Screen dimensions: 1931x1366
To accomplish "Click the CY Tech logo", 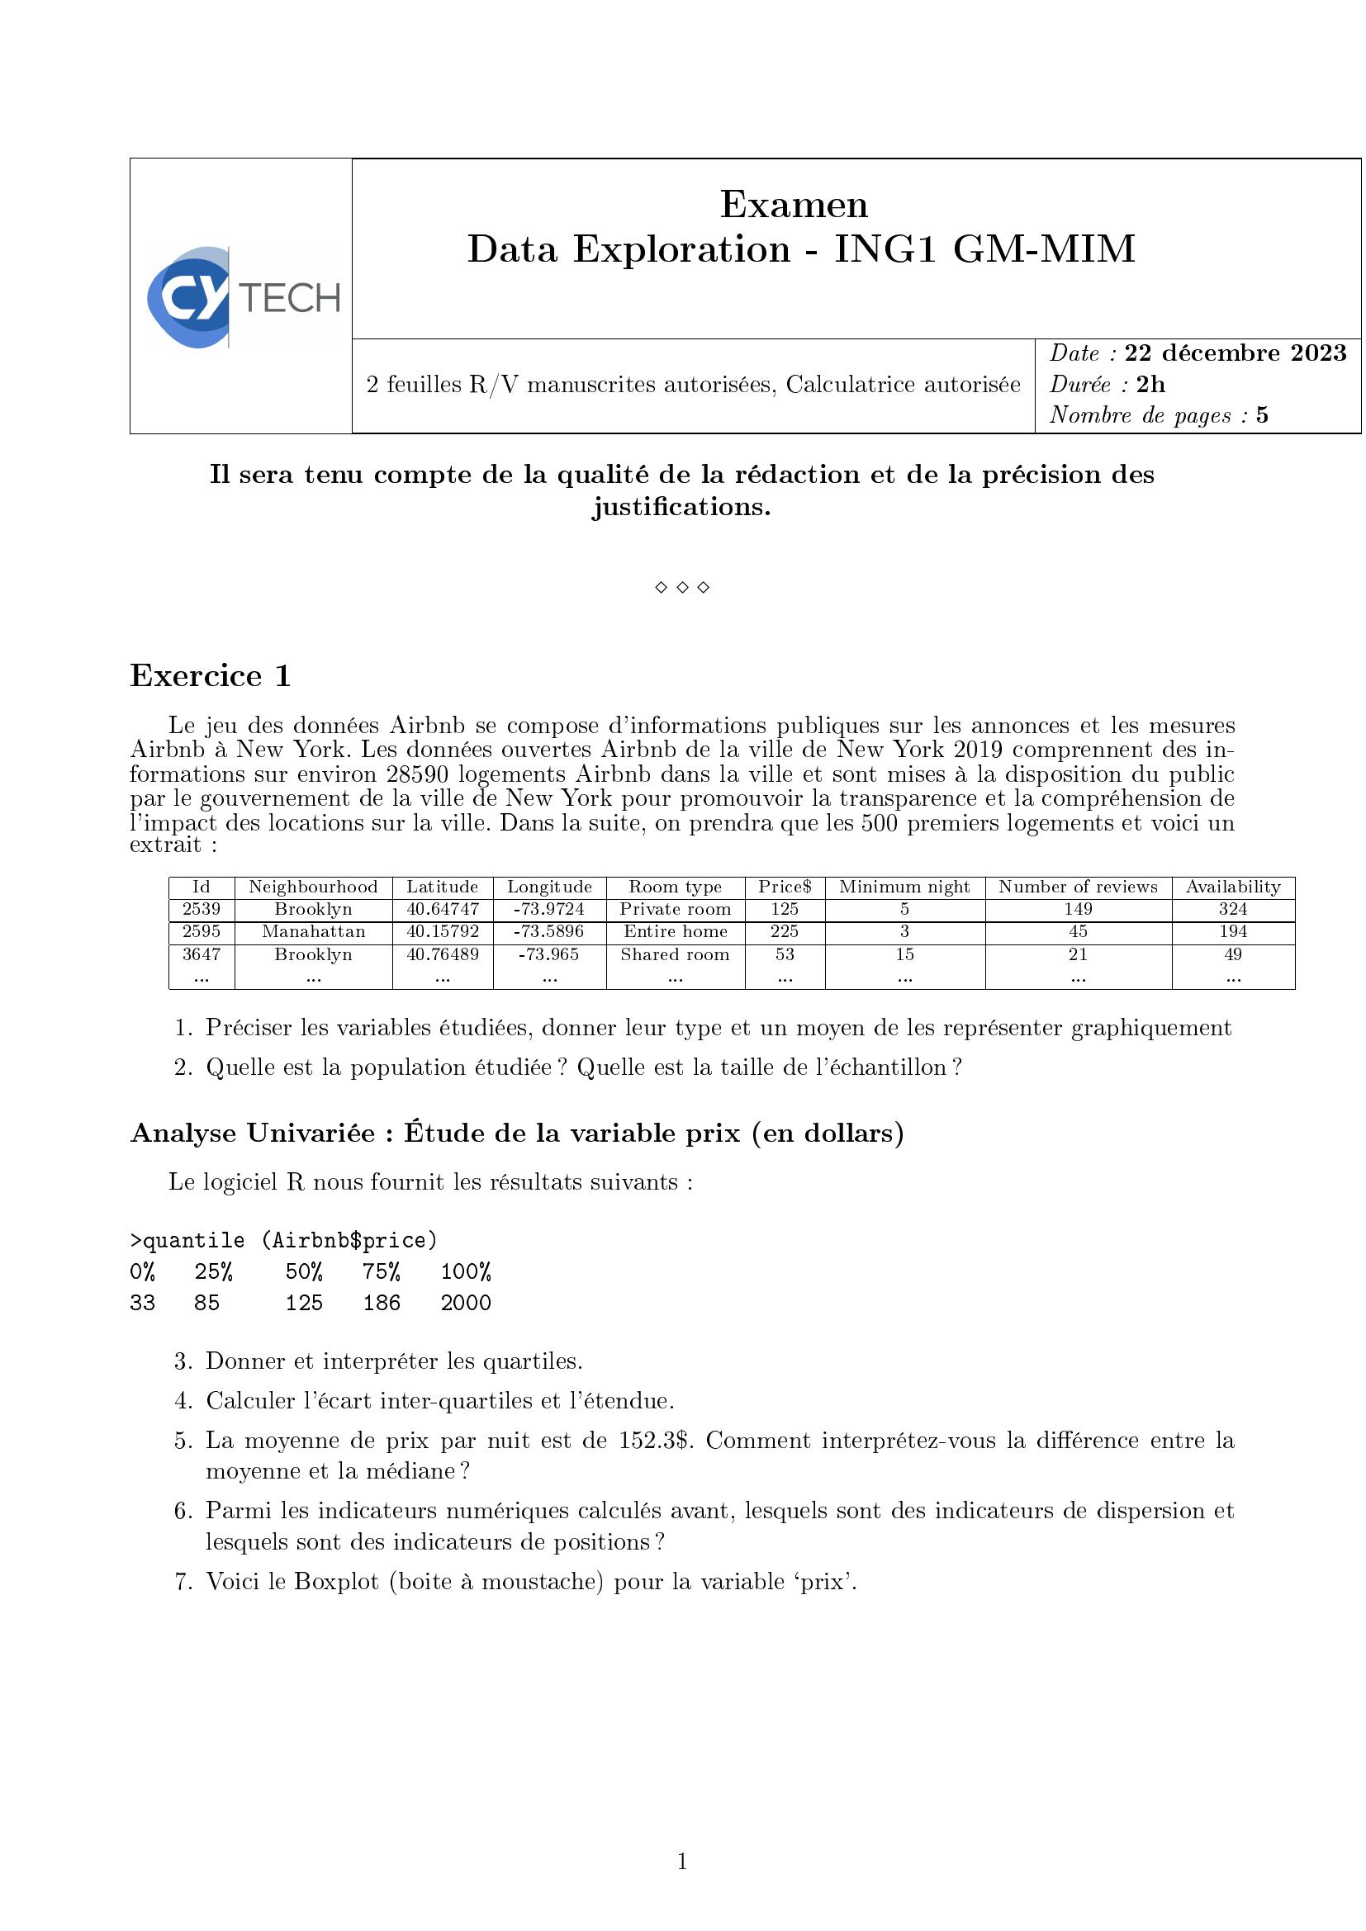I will point(242,297).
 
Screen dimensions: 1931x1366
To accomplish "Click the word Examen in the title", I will point(793,205).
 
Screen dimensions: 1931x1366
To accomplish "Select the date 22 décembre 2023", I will point(1235,353).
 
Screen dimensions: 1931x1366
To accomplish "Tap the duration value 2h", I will point(1150,385).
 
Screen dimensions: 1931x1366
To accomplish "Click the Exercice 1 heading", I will point(211,676).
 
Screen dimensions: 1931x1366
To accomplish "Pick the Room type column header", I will point(675,887).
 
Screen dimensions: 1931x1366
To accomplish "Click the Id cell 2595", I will point(201,932).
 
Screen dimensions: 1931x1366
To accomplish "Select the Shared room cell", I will point(675,954).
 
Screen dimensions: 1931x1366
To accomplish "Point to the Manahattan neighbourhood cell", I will point(313,932).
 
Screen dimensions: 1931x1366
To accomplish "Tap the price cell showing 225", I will point(784,932).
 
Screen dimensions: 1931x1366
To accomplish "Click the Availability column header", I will point(1232,887).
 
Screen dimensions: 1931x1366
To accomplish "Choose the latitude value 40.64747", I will point(443,909).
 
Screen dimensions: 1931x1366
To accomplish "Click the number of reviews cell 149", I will point(1078,909).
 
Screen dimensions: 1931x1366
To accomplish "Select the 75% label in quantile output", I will point(381,1271).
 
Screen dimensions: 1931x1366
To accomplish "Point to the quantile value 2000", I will point(465,1303).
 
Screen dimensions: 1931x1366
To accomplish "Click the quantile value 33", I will point(142,1303).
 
